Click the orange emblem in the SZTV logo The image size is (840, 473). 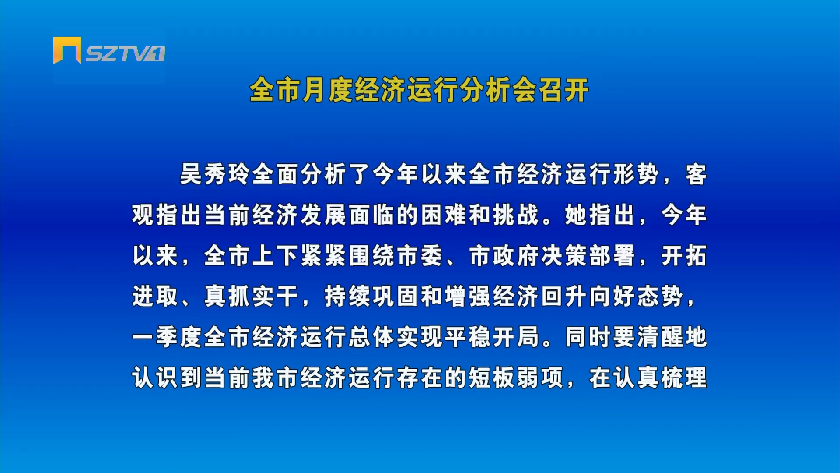pos(67,50)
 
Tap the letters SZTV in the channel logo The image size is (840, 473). pos(119,53)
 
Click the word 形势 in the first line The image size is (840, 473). pos(636,174)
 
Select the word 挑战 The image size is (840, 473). pos(515,215)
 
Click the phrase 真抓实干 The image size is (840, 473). pos(251,297)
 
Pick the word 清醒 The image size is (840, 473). pos(660,337)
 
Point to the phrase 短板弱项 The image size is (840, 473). pos(515,378)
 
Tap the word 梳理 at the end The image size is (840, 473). pos(684,378)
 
